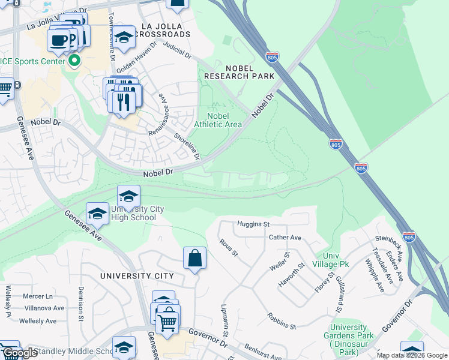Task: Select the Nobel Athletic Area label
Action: (218, 120)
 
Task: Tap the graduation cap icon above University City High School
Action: (128, 196)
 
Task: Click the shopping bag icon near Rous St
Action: (194, 259)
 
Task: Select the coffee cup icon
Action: (59, 40)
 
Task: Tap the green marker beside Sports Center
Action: (75, 61)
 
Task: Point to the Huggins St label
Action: (253, 224)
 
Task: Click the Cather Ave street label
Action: (285, 238)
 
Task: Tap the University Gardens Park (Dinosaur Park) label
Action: (348, 340)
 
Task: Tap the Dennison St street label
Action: (80, 304)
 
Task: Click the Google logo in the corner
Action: (20, 353)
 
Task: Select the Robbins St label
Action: (282, 321)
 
